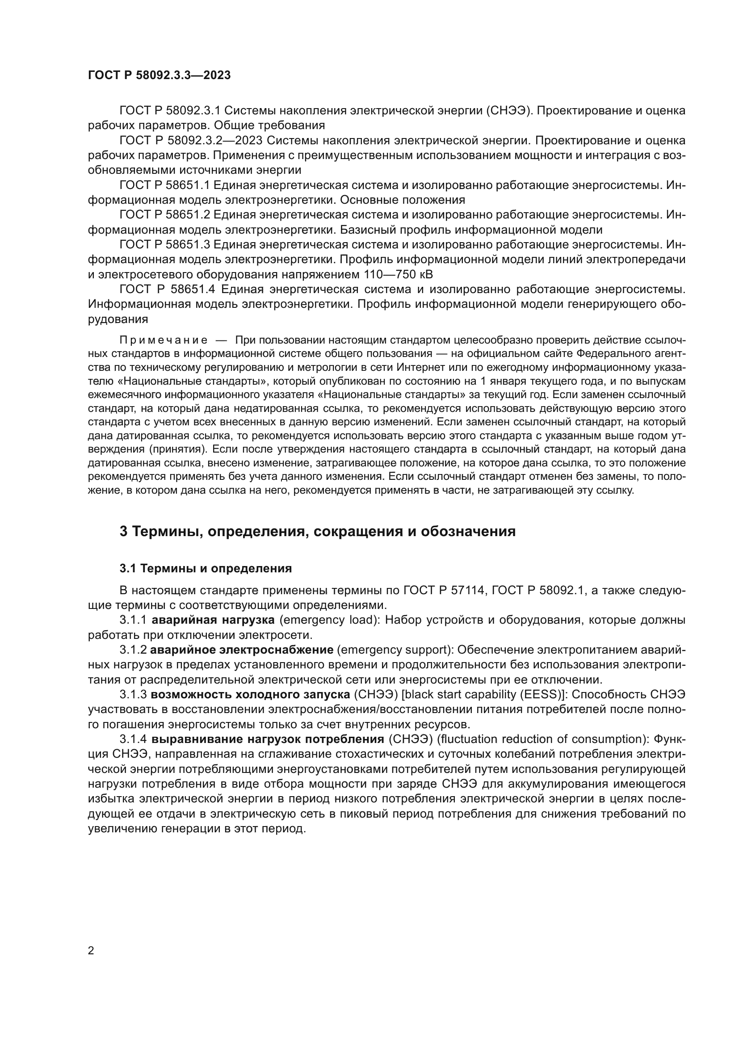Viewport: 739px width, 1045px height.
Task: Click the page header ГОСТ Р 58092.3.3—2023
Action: [x=159, y=76]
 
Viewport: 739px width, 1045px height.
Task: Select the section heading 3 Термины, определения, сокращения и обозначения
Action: [x=317, y=531]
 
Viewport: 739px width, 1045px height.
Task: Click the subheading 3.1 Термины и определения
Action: [x=206, y=568]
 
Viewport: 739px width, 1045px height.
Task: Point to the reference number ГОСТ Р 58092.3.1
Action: [x=170, y=111]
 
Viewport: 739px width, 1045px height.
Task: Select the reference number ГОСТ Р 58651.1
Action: [x=164, y=185]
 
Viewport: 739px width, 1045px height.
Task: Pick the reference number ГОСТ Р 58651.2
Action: [x=164, y=215]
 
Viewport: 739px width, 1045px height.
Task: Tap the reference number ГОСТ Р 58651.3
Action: [x=164, y=245]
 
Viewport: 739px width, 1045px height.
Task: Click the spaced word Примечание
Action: [x=164, y=340]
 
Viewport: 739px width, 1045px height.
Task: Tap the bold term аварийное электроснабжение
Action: [x=243, y=650]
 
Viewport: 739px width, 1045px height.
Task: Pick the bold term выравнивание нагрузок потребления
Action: [x=268, y=739]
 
